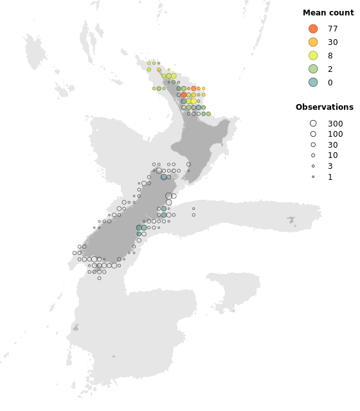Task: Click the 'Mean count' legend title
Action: tap(328, 13)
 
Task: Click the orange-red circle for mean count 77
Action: tap(313, 29)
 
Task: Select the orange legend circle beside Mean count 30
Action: tap(313, 42)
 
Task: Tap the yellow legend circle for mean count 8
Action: tap(313, 56)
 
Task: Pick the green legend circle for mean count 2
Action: tap(313, 69)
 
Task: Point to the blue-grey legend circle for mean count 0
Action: tap(313, 82)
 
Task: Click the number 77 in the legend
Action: tap(332, 29)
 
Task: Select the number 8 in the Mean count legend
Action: tap(330, 56)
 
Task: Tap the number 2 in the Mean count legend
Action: tap(330, 69)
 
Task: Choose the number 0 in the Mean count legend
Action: tap(330, 82)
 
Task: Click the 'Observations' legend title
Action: tap(325, 107)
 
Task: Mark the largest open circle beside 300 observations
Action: tap(313, 123)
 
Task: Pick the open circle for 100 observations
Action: tap(313, 134)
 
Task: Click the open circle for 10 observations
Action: tap(313, 155)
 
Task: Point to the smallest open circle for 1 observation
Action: tap(313, 177)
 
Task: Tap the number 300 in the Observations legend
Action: tap(335, 123)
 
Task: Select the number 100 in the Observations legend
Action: tap(335, 134)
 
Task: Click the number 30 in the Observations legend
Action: tap(332, 145)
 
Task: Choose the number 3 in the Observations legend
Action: tap(330, 166)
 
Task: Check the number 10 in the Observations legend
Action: tap(332, 155)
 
